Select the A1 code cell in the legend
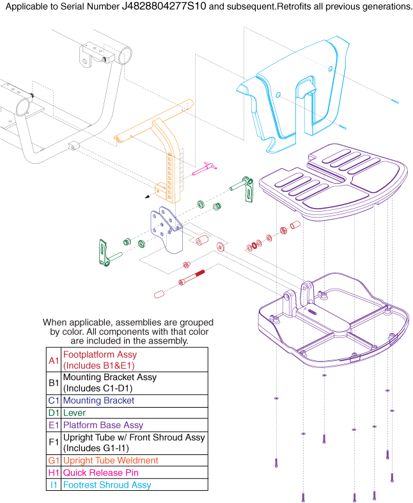pyautogui.click(x=54, y=360)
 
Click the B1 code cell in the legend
pyautogui.click(x=54, y=383)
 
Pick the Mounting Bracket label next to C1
pyautogui.click(x=98, y=401)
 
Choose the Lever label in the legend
pyautogui.click(x=74, y=413)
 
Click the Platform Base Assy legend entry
pyautogui.click(x=103, y=425)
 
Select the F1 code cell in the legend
pyautogui.click(x=54, y=443)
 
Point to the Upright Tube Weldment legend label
pyautogui.click(x=110, y=461)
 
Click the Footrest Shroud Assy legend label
pyautogui.click(x=107, y=485)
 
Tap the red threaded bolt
pyautogui.click(x=193, y=278)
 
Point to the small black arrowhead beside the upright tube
pyautogui.click(x=148, y=197)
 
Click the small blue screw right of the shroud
pyautogui.click(x=394, y=102)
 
